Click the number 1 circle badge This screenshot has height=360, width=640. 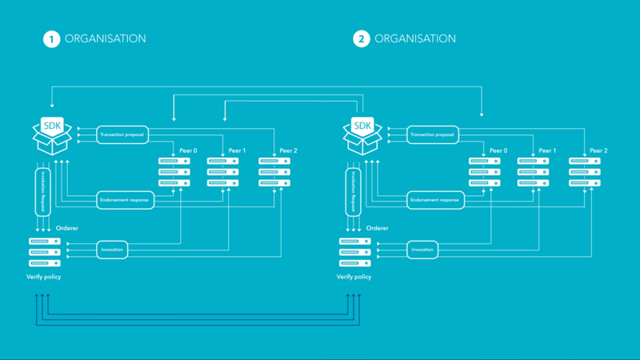50,38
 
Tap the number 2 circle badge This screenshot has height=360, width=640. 362,38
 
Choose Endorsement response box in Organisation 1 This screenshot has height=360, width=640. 125,200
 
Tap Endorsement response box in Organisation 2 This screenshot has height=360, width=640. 434,200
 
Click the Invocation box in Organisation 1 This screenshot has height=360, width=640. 112,250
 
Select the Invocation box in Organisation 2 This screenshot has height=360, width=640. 422,250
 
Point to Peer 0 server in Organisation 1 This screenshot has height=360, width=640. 174,172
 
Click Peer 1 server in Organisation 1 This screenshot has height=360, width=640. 224,172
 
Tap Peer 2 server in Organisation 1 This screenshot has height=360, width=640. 274,172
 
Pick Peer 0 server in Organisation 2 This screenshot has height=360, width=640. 485,172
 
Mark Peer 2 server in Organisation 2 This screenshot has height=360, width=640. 585,172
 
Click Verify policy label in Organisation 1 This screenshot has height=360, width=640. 43,277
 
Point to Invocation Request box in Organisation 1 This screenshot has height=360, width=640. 43,190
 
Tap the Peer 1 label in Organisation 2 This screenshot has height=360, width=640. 547,150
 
